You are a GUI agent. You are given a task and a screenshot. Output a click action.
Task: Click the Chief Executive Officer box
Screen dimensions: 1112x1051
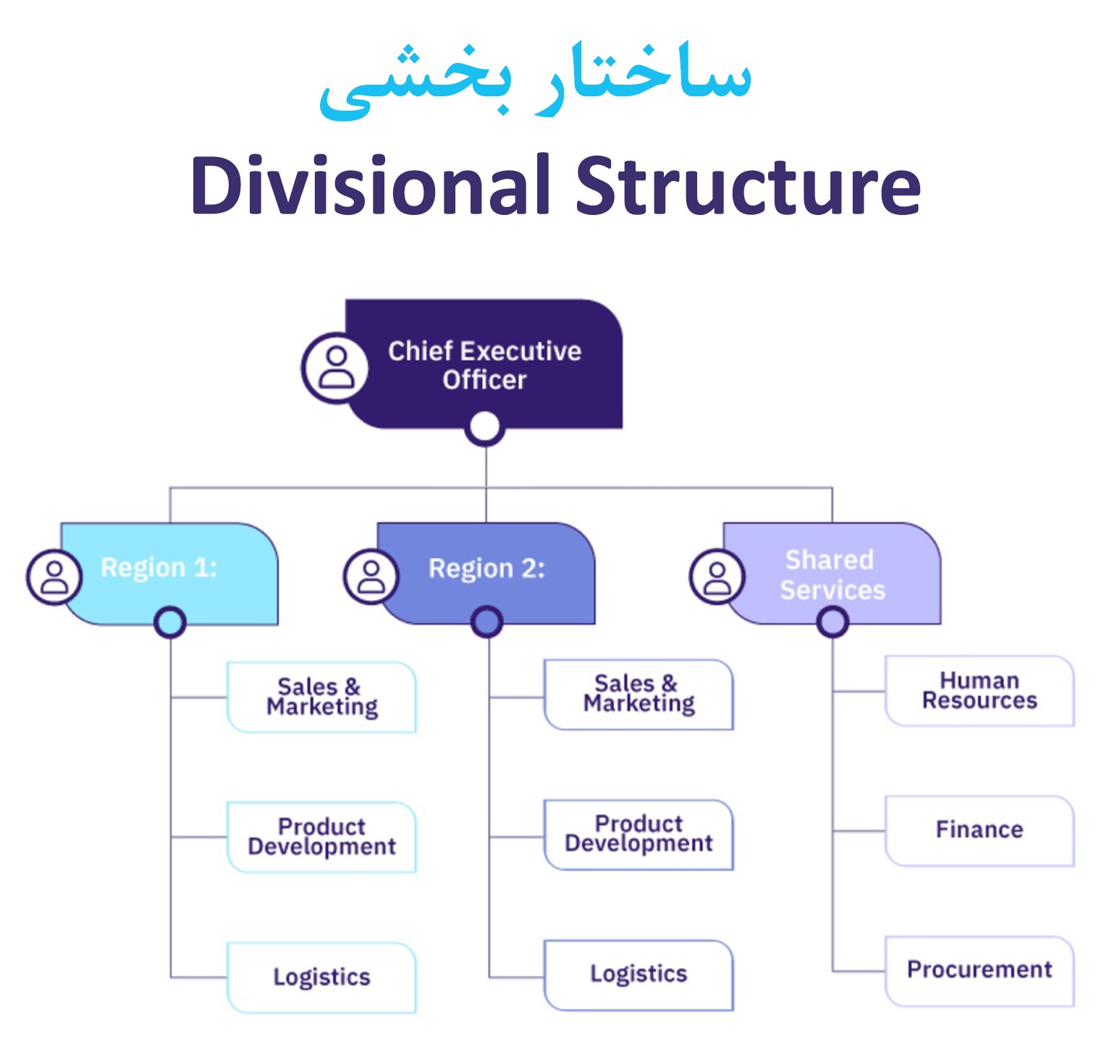[x=484, y=364]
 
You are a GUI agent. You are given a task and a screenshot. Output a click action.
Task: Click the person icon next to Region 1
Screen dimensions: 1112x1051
[x=54, y=578]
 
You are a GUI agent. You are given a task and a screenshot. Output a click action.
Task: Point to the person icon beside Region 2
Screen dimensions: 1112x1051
[x=371, y=578]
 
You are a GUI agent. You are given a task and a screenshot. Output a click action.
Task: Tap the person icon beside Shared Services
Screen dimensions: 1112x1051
[x=717, y=578]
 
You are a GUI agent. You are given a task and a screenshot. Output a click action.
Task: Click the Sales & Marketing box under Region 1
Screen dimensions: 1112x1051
[x=321, y=697]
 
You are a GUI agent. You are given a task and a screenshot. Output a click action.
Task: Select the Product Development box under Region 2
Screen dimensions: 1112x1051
[x=639, y=834]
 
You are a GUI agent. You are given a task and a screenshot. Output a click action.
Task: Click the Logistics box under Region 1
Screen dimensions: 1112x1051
[x=321, y=977]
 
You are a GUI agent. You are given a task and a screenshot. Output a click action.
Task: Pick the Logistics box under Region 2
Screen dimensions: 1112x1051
[x=639, y=974]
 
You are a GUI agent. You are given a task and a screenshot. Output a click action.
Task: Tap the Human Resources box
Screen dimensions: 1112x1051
[x=980, y=691]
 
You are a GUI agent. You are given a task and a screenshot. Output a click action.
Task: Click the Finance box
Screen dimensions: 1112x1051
[x=980, y=830]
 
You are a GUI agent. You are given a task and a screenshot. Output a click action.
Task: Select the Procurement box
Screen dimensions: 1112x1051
[x=980, y=971]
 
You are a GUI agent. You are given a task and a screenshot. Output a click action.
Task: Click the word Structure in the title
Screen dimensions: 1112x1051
[x=748, y=186]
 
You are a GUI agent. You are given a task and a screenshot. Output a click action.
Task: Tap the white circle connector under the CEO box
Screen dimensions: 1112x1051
[x=485, y=427]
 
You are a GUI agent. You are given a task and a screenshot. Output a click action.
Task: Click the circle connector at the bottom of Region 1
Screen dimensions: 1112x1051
[x=170, y=622]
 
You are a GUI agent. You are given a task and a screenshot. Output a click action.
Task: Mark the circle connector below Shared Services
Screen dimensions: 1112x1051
[x=833, y=621]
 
